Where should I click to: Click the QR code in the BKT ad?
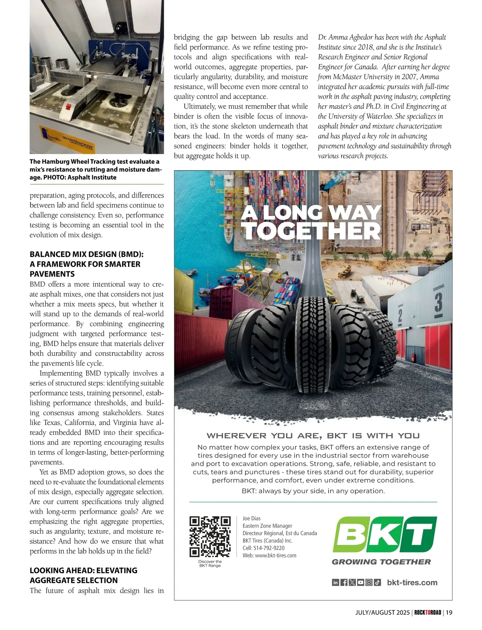pyautogui.click(x=210, y=536)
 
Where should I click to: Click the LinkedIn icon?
pyautogui.click(x=335, y=583)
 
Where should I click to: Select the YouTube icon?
pyautogui.click(x=361, y=583)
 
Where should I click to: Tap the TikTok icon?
pyautogui.click(x=377, y=583)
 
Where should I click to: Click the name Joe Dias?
pyautogui.click(x=251, y=518)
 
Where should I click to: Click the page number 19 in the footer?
pyautogui.click(x=449, y=612)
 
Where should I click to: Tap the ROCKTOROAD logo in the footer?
pyautogui.click(x=427, y=612)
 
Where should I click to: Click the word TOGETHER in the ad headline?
pyautogui.click(x=312, y=231)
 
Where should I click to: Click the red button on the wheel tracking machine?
pyautogui.click(x=68, y=107)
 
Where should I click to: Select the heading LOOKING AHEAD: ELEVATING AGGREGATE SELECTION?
pyautogui.click(x=84, y=575)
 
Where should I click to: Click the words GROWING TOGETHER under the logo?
pyautogui.click(x=381, y=562)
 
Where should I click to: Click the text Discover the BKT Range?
pyautogui.click(x=210, y=563)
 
